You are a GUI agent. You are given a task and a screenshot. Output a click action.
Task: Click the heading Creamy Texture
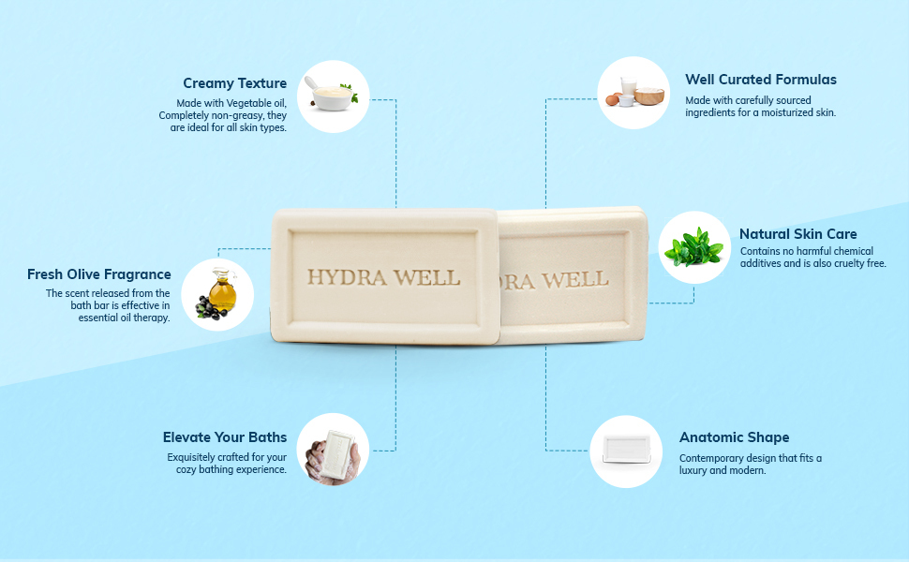point(234,83)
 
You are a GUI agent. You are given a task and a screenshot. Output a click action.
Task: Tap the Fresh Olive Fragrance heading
point(99,274)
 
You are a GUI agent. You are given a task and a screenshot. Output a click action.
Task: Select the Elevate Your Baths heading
point(225,437)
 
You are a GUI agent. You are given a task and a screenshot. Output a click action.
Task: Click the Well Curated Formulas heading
point(761,80)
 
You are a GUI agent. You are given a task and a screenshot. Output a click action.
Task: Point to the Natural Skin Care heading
point(798,234)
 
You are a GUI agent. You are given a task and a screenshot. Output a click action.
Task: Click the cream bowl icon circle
point(333,96)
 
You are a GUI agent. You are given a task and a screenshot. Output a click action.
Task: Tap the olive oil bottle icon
point(221,290)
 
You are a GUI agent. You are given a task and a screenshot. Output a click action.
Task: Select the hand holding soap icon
point(333,450)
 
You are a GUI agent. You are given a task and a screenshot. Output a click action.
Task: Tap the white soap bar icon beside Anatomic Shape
point(626,451)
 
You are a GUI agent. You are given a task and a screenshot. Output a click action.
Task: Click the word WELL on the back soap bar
point(576,279)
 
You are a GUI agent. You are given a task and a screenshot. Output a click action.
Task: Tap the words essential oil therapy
point(125,318)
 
